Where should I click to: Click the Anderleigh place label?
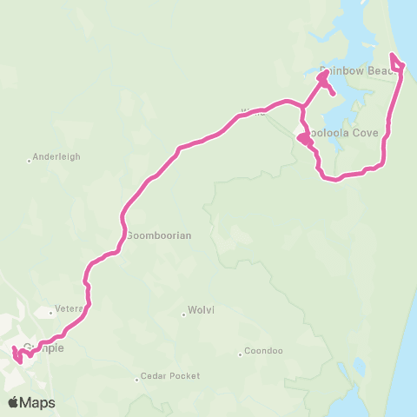point(58,158)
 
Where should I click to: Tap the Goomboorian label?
point(158,235)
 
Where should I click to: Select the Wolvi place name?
point(201,314)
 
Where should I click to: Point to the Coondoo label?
point(264,352)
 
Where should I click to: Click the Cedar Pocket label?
point(171,376)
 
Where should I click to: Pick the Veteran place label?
point(69,308)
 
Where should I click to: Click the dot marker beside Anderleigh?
point(30,159)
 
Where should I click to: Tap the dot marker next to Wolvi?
point(183,314)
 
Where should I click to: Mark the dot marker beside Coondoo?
point(241,353)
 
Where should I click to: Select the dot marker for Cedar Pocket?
point(136,377)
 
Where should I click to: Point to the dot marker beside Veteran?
point(51,309)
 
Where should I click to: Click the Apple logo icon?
point(15,402)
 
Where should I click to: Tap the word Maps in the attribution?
point(38,402)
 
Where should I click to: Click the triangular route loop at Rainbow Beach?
point(397,63)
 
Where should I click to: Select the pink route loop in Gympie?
point(17,355)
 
